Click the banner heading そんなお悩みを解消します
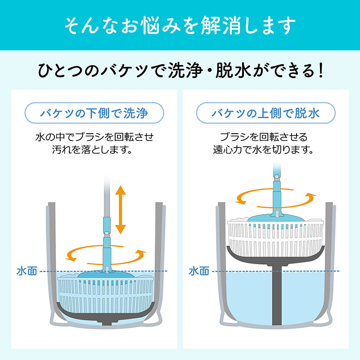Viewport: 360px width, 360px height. pos(180,26)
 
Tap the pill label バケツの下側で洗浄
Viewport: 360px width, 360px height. pos(92,113)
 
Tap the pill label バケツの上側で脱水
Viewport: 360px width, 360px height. pos(266,113)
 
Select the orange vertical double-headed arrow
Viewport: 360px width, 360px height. pos(120,210)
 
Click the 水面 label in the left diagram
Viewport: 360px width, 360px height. pos(25,271)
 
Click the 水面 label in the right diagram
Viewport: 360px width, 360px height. pos(198,271)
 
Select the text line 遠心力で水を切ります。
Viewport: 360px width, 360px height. pos(263,149)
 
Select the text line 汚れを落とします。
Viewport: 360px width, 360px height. pos(92,149)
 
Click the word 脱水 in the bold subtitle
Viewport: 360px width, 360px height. pos(232,71)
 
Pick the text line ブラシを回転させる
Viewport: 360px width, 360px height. pos(263,136)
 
